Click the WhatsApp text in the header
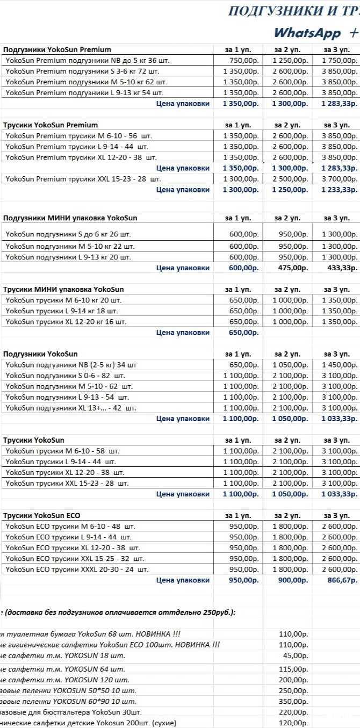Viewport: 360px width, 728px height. tap(307, 32)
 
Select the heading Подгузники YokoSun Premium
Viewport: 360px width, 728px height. tap(57, 50)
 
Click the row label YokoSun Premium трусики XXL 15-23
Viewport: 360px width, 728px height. tap(83, 179)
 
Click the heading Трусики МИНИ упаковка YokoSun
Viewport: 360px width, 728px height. tap(63, 290)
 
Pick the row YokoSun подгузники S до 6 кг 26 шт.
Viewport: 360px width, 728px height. tap(68, 234)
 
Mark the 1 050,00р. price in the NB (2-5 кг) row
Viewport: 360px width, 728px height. tap(290, 365)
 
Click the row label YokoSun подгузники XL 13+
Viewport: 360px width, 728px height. tap(71, 408)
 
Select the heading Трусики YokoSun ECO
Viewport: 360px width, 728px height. tap(42, 515)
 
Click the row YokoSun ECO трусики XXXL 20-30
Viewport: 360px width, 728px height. tap(77, 570)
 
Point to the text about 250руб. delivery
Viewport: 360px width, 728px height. tap(118, 612)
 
